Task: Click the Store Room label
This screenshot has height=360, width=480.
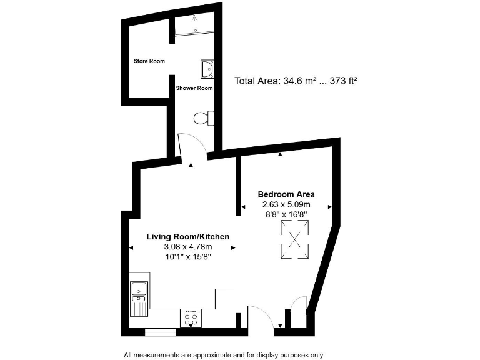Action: [x=149, y=61]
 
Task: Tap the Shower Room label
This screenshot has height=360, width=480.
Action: [x=194, y=88]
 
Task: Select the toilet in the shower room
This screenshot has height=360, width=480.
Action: [x=204, y=117]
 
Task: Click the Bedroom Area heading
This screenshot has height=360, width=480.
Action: [x=286, y=194]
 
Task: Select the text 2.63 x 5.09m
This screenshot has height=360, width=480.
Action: [x=286, y=204]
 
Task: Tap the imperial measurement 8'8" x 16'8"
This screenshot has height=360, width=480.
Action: [x=286, y=214]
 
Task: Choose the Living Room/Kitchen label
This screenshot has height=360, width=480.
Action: [x=187, y=237]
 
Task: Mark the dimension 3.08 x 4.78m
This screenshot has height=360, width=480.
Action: [x=187, y=247]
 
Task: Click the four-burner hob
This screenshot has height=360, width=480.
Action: [x=191, y=318]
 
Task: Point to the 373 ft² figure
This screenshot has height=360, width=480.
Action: [x=342, y=81]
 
